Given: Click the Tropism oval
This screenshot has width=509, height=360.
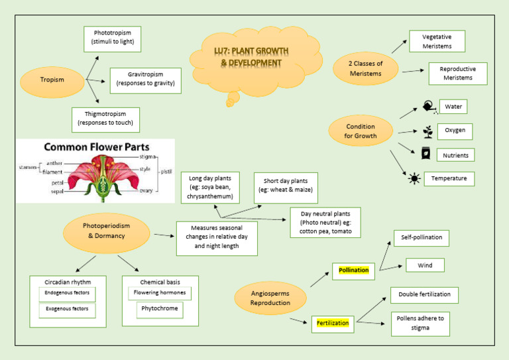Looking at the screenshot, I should (x=52, y=80).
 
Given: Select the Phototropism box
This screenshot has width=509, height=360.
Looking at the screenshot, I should (x=113, y=37).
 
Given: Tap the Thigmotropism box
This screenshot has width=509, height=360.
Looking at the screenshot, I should (x=105, y=119).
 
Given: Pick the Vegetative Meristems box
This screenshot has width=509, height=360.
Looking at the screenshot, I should (x=437, y=42).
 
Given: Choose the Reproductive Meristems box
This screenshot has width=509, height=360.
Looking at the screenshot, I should (x=457, y=74).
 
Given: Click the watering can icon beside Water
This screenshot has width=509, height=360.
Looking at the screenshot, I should (x=429, y=107).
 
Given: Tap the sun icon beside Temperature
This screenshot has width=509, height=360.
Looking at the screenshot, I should (x=414, y=178).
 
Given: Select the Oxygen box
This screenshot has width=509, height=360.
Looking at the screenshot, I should (x=455, y=131).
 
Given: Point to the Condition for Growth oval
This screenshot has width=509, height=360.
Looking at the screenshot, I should (x=361, y=131).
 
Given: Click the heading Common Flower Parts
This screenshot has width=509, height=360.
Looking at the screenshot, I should (x=96, y=147).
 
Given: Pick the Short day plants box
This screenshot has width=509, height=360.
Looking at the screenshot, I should (x=286, y=186).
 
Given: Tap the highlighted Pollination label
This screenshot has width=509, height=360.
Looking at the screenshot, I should (x=354, y=270).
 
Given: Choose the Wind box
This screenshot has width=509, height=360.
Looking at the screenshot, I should (x=425, y=265).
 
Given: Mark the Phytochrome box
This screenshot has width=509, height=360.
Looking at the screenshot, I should (x=159, y=310).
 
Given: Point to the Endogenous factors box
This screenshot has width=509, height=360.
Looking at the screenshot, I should (x=67, y=293).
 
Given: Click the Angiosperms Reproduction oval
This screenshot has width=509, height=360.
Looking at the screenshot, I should (x=270, y=298).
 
